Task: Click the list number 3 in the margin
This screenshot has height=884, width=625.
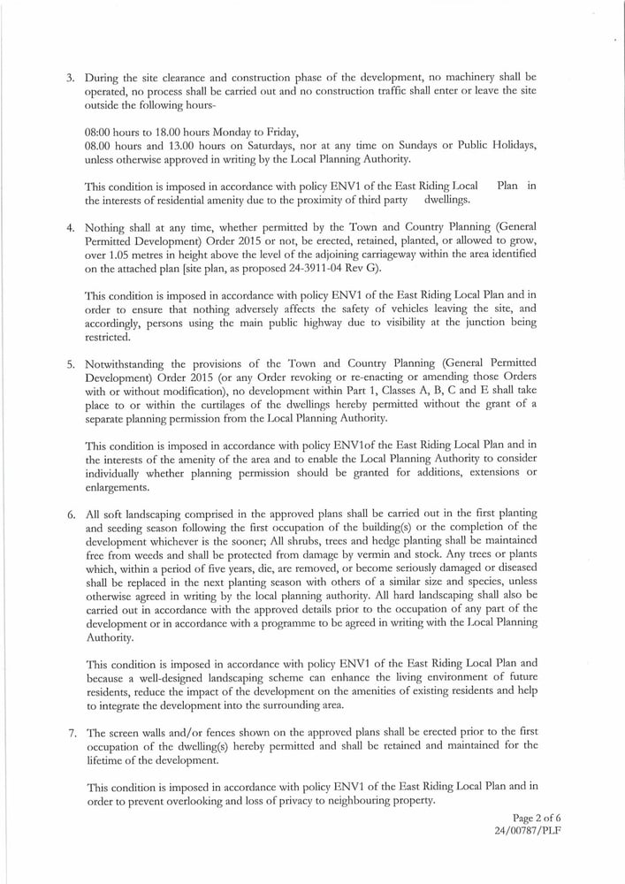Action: pos(70,78)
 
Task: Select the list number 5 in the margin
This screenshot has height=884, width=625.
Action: pos(70,363)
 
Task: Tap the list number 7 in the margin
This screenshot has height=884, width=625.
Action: pos(70,733)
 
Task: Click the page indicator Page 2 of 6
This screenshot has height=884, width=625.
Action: pos(537,818)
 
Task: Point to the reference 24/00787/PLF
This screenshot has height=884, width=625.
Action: pos(528,831)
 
